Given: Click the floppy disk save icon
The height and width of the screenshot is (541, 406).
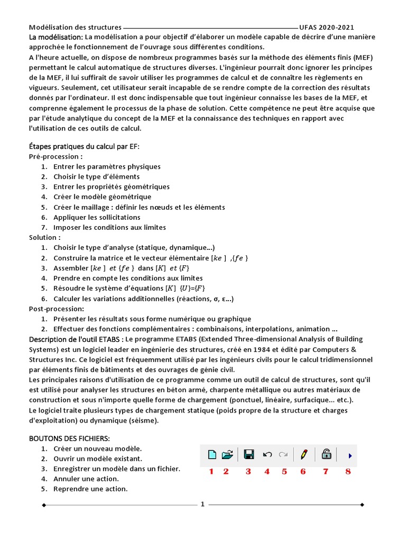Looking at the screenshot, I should (x=249, y=454).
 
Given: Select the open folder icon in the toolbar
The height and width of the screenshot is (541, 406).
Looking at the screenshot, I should (x=227, y=454).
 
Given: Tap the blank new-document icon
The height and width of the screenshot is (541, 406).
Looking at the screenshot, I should (x=211, y=454).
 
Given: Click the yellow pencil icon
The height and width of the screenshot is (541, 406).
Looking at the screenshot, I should (x=304, y=454).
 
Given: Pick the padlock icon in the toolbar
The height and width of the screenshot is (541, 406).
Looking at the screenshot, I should (x=326, y=454).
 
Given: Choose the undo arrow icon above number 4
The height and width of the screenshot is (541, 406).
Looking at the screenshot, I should (x=267, y=454).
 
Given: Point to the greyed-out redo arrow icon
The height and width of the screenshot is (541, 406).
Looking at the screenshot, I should (x=283, y=454).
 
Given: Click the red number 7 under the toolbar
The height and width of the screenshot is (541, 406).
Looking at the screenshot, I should (x=326, y=471).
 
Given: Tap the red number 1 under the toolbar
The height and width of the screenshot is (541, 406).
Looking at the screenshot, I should (x=211, y=471).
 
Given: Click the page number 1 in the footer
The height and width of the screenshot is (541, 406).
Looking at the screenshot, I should (x=202, y=504).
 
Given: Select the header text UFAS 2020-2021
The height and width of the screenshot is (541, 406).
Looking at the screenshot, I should (x=326, y=27).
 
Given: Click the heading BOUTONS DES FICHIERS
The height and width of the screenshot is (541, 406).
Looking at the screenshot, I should (x=69, y=439).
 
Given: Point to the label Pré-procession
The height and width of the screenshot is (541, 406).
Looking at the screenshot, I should (x=56, y=156).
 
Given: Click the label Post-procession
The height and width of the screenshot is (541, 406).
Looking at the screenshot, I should (x=57, y=309).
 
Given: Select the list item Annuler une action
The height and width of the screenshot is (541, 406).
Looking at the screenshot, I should (x=86, y=479).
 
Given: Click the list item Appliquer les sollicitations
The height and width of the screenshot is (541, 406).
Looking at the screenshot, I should (x=97, y=217).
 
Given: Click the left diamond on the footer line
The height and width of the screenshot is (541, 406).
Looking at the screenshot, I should (x=44, y=505).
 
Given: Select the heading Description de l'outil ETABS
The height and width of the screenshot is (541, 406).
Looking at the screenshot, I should (x=77, y=339).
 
